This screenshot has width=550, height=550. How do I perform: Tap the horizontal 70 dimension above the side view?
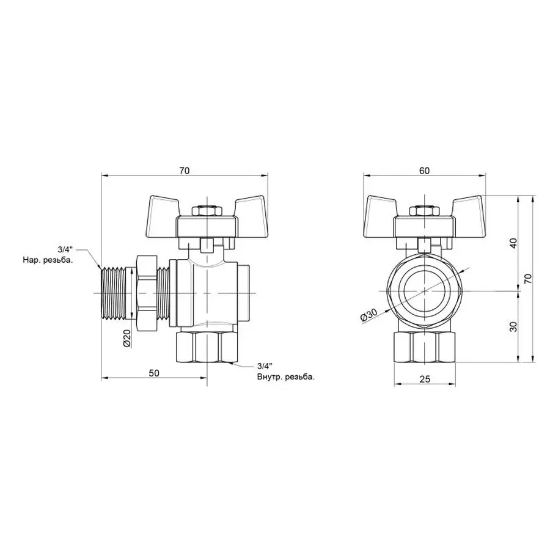pos(184,171)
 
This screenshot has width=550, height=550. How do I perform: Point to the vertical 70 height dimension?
pos(529,279)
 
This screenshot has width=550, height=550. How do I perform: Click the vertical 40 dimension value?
pos(513,243)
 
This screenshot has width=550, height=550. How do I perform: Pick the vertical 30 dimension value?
pos(513,326)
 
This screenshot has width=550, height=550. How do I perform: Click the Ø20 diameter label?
pos(127,338)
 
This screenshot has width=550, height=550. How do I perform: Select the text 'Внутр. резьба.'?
pos(286,377)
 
